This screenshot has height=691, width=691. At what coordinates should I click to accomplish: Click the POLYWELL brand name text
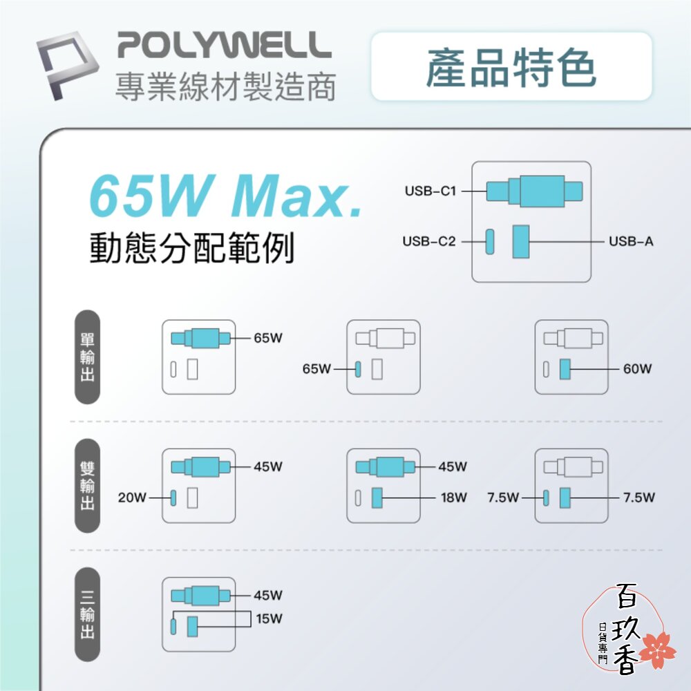[225, 44]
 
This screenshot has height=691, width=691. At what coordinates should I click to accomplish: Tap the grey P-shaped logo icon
[68, 65]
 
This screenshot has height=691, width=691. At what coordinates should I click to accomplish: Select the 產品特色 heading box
[511, 66]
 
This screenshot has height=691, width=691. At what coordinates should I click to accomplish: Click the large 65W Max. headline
[226, 196]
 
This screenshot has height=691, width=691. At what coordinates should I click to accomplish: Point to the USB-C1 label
[430, 191]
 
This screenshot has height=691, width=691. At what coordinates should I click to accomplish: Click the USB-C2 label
[429, 241]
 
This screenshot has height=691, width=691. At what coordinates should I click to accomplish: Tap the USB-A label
[631, 241]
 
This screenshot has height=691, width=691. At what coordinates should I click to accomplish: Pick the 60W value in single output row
[637, 369]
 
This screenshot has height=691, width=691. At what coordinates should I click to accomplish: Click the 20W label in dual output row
[132, 498]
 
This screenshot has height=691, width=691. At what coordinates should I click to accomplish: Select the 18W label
[454, 498]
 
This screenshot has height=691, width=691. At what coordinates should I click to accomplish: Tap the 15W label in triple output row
[269, 618]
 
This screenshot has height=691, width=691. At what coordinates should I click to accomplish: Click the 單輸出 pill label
[87, 357]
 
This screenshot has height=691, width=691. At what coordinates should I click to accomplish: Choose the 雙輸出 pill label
[87, 486]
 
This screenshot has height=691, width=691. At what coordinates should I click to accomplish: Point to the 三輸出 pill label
[87, 614]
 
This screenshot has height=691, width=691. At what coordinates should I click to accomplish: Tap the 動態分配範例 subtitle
[191, 247]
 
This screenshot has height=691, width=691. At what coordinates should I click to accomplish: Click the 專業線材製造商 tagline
[226, 86]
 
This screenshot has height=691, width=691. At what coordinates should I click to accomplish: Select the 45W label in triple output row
[268, 596]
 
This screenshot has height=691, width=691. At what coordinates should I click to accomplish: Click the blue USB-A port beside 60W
[565, 369]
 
